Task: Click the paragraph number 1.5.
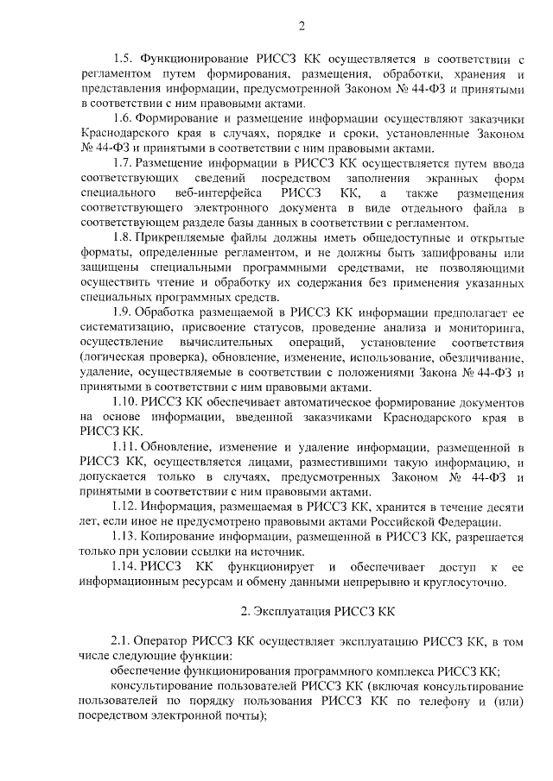pyautogui.click(x=124, y=59)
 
